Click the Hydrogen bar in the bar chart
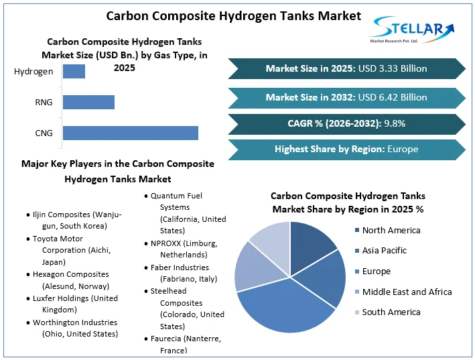[x=74, y=71]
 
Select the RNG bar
[x=88, y=102]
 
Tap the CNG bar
[x=130, y=133]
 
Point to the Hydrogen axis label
[x=33, y=71]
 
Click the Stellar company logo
[x=412, y=31]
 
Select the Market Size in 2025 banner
[x=346, y=68]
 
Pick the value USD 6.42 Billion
[x=393, y=97]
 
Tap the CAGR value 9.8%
[x=393, y=123]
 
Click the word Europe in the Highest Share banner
[x=403, y=149]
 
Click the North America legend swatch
[x=356, y=231]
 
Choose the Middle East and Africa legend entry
[x=407, y=292]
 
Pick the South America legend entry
[x=391, y=312]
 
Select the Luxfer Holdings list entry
[x=74, y=304]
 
